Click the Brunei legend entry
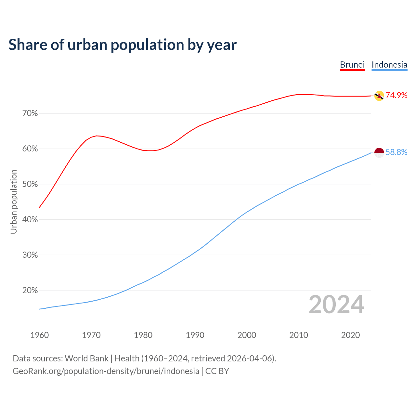click(x=352, y=65)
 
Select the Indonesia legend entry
click(x=389, y=65)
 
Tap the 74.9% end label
click(x=396, y=95)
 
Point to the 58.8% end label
click(x=396, y=152)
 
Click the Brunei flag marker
click(x=379, y=96)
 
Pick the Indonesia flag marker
click(x=379, y=153)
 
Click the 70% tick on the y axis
click(x=30, y=113)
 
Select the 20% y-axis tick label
click(x=30, y=290)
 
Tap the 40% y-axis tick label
click(x=30, y=220)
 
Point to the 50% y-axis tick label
click(x=30, y=184)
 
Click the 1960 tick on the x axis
click(x=40, y=335)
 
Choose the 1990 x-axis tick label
click(x=195, y=335)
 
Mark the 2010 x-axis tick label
click(x=299, y=335)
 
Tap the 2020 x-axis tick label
click(x=350, y=335)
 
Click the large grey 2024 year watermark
click(x=336, y=305)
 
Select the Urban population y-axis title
click(x=14, y=201)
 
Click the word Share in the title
click(x=27, y=45)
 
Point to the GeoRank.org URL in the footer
click(x=106, y=371)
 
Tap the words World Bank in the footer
click(x=86, y=358)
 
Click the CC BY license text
click(x=217, y=371)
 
